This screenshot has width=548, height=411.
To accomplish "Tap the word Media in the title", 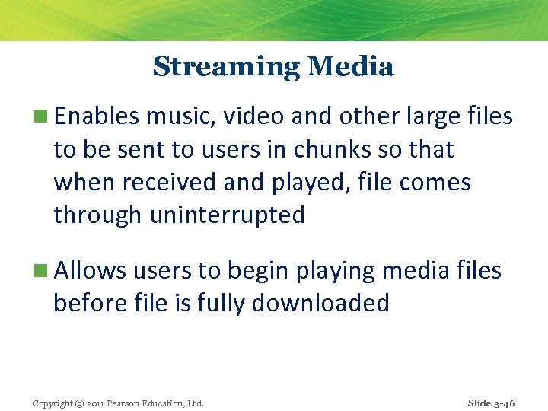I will [351, 67].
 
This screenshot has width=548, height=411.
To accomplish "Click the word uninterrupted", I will [228, 215].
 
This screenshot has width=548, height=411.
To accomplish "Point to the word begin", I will [256, 272].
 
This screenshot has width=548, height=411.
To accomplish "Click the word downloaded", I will [320, 304].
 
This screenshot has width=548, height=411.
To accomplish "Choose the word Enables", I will [97, 116].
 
